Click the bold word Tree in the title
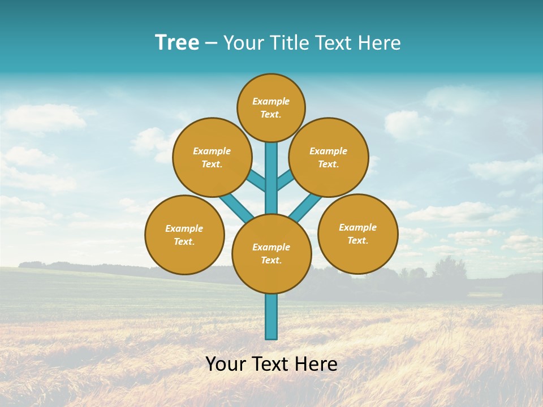click(177, 43)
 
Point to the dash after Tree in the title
click(211, 44)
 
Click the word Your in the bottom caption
click(225, 364)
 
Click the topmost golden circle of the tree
click(271, 107)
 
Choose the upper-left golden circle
click(212, 157)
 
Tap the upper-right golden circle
click(329, 157)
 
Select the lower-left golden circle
click(184, 235)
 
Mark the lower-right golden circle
click(357, 233)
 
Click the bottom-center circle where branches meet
click(271, 254)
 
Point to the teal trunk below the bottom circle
click(271, 317)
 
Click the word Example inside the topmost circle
click(271, 102)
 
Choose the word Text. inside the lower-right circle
click(357, 240)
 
